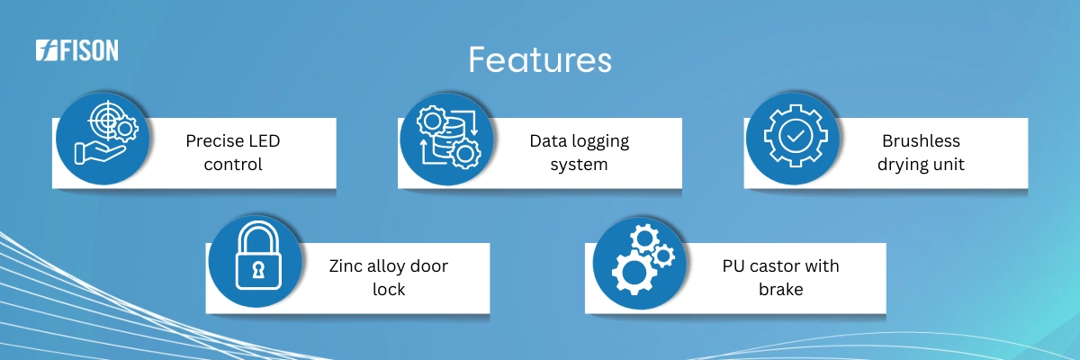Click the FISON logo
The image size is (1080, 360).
pyautogui.click(x=77, y=50)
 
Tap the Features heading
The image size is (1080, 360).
pyautogui.click(x=540, y=59)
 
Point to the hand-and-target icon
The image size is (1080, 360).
pyautogui.click(x=106, y=132)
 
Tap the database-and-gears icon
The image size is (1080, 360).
pyautogui.click(x=448, y=138)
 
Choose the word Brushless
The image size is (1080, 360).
pyautogui.click(x=921, y=140)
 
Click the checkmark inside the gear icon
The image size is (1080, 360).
pyautogui.click(x=796, y=136)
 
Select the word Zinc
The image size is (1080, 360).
pyautogui.click(x=346, y=266)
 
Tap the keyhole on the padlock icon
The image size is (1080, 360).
pyautogui.click(x=258, y=270)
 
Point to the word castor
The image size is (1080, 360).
pyautogui.click(x=775, y=266)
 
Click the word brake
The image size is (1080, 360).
pyautogui.click(x=780, y=289)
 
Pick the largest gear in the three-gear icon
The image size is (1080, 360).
pyautogui.click(x=634, y=273)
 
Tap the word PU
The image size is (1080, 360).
pyautogui.click(x=733, y=266)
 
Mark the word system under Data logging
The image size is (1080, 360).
pyautogui.click(x=579, y=166)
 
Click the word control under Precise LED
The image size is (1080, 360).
pyautogui.click(x=233, y=165)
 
